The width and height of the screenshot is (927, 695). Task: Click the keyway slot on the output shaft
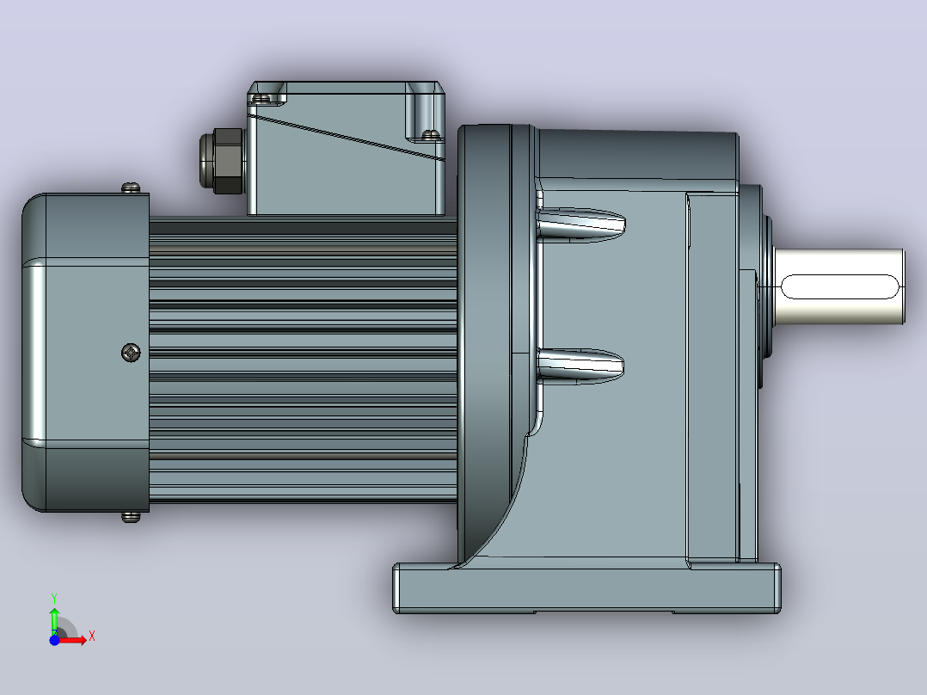pyautogui.click(x=840, y=287)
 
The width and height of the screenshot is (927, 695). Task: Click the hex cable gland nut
pyautogui.click(x=222, y=161)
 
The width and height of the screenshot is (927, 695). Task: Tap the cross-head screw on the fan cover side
pyautogui.click(x=131, y=353)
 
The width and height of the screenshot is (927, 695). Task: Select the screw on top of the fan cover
pyautogui.click(x=132, y=188)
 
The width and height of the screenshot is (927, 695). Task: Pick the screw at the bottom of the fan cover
pyautogui.click(x=132, y=518)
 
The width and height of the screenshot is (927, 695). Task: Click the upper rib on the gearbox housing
pyautogui.click(x=580, y=224)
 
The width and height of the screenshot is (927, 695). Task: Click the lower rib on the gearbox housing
pyautogui.click(x=580, y=366)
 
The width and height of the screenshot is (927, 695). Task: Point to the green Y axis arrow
pyautogui.click(x=54, y=620)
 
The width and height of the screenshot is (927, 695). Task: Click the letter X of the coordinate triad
pyautogui.click(x=92, y=637)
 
